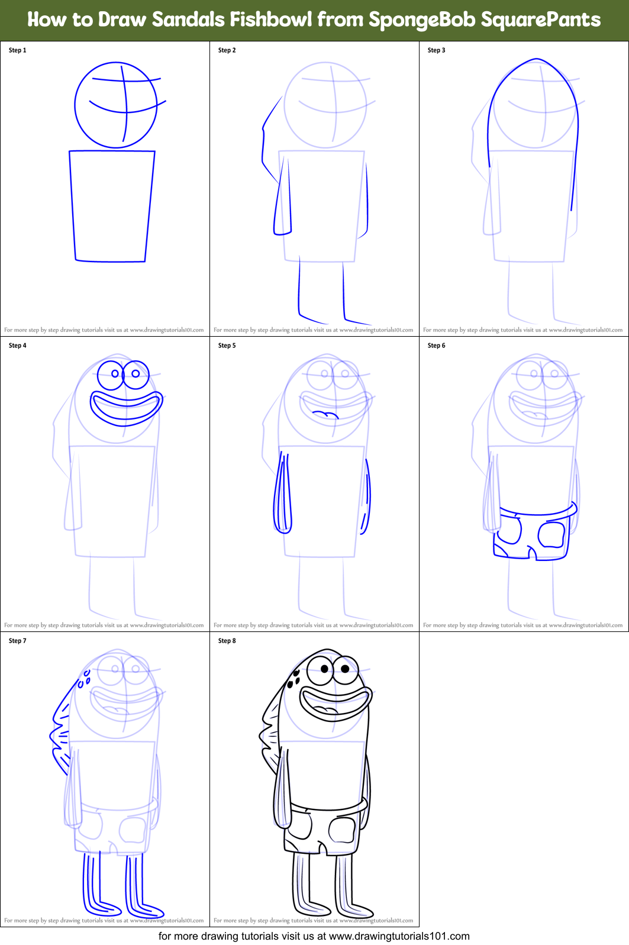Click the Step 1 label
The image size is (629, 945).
coord(17,50)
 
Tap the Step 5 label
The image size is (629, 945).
coord(227,346)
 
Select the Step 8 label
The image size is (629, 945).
coord(227,641)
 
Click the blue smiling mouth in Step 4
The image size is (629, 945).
coord(126,408)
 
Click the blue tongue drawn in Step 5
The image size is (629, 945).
coord(325,414)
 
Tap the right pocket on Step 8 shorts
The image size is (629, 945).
coord(342,830)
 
